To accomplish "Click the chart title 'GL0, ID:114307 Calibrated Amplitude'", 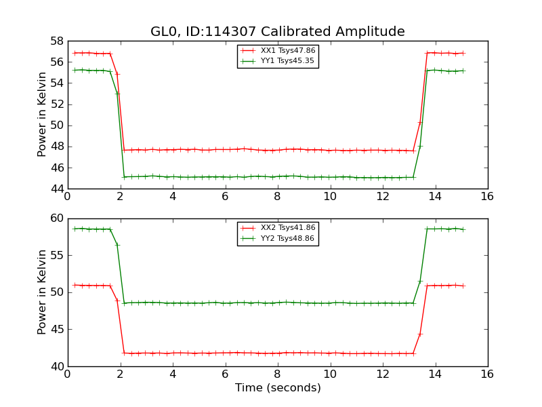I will tap(277, 32).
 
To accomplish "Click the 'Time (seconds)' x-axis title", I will tap(278, 388).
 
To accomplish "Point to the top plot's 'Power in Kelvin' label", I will tap(43, 114).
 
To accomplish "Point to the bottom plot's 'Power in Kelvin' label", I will tap(43, 292).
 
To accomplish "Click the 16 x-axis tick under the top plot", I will tap(487, 197).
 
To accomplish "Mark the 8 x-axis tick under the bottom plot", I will tap(277, 374).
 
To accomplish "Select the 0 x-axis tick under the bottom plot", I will tap(67, 374).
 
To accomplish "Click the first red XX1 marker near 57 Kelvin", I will tap(75, 53).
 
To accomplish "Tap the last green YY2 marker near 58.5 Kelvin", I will tap(463, 229).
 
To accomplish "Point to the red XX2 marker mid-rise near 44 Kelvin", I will tap(420, 334).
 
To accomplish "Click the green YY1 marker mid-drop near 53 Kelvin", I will tap(117, 94).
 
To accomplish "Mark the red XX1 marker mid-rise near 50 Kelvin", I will tap(420, 122).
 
